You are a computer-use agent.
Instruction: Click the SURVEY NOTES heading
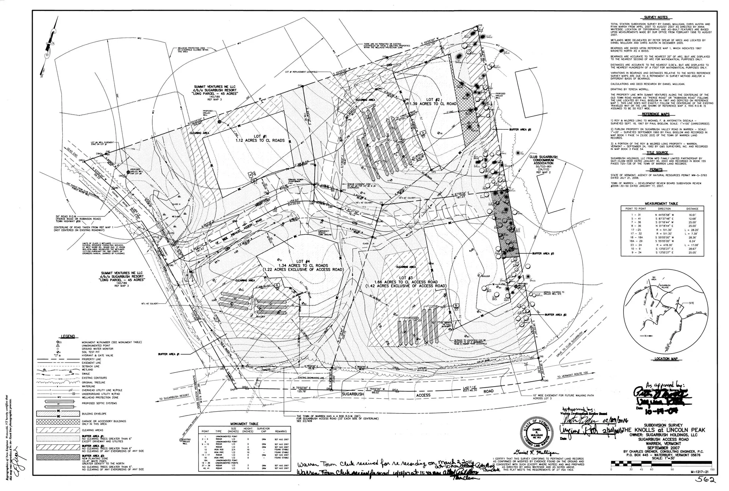pos(656,17)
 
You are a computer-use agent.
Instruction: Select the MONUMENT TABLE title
pos(244,424)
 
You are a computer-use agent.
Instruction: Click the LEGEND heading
pos(68,336)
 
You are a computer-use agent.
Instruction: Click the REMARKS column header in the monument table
pos(281,432)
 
